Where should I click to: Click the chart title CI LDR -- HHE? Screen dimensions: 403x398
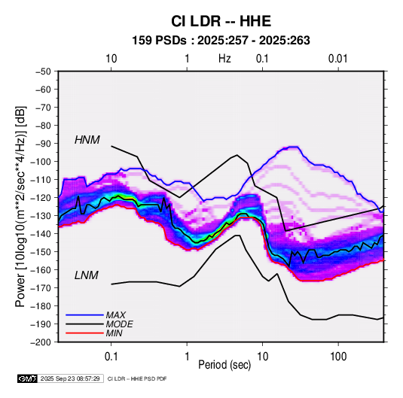[x=221, y=21]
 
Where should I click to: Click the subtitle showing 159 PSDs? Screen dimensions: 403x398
[x=221, y=41]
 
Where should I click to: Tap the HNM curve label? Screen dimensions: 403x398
[x=87, y=140]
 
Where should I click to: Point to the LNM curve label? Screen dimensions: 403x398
[x=87, y=275]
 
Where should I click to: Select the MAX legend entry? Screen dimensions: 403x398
[x=116, y=315]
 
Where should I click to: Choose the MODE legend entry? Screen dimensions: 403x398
[x=119, y=324]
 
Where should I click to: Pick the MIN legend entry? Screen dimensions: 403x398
[x=114, y=333]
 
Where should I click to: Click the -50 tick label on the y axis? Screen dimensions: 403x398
[x=43, y=71]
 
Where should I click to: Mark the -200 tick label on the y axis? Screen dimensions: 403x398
[x=41, y=342]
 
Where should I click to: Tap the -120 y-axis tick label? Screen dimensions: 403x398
[x=41, y=198]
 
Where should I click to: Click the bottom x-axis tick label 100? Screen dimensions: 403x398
[x=338, y=357]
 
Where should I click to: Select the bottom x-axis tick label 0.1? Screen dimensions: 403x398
[x=111, y=357]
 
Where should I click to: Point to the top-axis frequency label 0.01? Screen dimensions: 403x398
[x=337, y=59]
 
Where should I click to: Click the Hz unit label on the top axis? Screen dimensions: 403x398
[x=224, y=59]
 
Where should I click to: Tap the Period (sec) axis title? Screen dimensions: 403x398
[x=224, y=365]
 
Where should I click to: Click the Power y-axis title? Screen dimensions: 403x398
[x=20, y=207]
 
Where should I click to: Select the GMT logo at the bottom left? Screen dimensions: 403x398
[x=28, y=378]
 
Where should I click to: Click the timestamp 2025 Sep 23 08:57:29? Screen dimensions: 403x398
[x=70, y=378]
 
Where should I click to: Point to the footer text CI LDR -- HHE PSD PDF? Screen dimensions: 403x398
[x=137, y=378]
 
